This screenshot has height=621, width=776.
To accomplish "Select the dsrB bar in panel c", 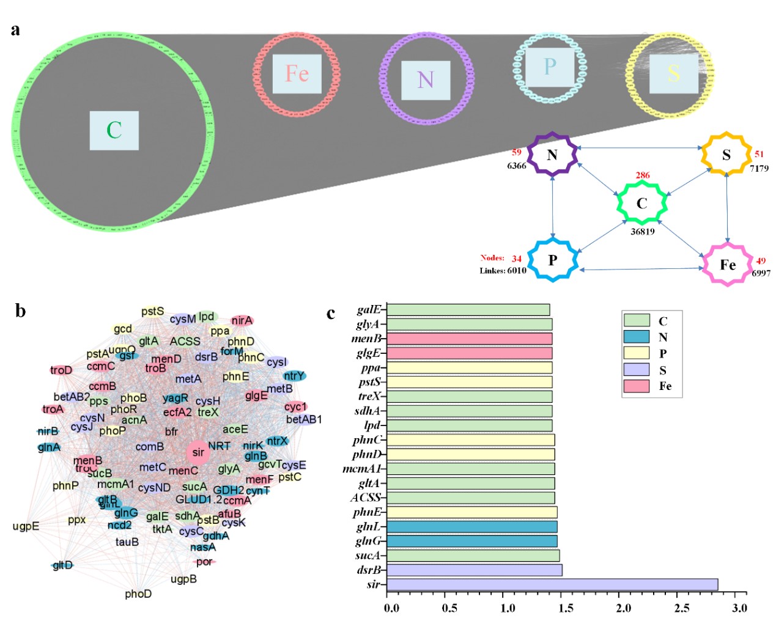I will click(475, 570).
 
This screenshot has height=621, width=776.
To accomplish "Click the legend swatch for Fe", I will click(636, 386).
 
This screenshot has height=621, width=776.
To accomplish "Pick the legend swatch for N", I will click(636, 337).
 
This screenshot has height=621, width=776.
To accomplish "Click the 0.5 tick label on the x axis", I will click(449, 608).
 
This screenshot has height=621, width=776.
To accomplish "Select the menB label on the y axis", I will click(366, 339).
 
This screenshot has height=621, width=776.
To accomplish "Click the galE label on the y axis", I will click(369, 310).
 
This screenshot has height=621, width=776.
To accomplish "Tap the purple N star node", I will click(552, 155).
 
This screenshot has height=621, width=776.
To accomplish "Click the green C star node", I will click(641, 203).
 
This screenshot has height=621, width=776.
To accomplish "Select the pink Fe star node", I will click(727, 264).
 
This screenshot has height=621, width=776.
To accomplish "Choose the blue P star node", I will click(553, 260).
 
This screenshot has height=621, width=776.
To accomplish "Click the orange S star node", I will click(726, 155).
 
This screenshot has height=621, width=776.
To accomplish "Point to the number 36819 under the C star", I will click(642, 232).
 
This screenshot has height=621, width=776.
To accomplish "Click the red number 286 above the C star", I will click(642, 175).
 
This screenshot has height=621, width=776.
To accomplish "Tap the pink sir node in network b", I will click(198, 452).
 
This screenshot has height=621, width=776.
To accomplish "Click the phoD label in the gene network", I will click(138, 593).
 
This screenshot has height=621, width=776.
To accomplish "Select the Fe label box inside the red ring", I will click(297, 74).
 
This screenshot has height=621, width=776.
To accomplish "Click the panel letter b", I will click(21, 311).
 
